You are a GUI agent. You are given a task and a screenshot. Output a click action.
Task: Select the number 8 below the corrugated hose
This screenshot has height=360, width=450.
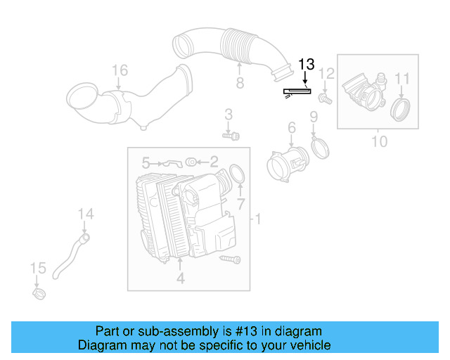click(x=240, y=84)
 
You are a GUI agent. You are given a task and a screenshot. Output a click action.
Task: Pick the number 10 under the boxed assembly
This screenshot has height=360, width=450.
click(x=379, y=141)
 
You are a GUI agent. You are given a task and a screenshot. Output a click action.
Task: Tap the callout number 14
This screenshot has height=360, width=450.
click(x=85, y=213)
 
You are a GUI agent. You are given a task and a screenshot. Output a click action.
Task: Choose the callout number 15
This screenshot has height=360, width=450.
click(x=38, y=268)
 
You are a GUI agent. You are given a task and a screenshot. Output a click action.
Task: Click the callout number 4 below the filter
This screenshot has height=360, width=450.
click(x=180, y=278)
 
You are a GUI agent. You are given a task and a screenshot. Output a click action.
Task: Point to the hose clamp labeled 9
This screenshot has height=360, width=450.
click(x=319, y=147)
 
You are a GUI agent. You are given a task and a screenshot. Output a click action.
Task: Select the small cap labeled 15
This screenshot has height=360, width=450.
click(x=39, y=292)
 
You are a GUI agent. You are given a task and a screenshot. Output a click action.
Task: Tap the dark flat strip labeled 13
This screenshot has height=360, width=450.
click(x=296, y=91)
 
